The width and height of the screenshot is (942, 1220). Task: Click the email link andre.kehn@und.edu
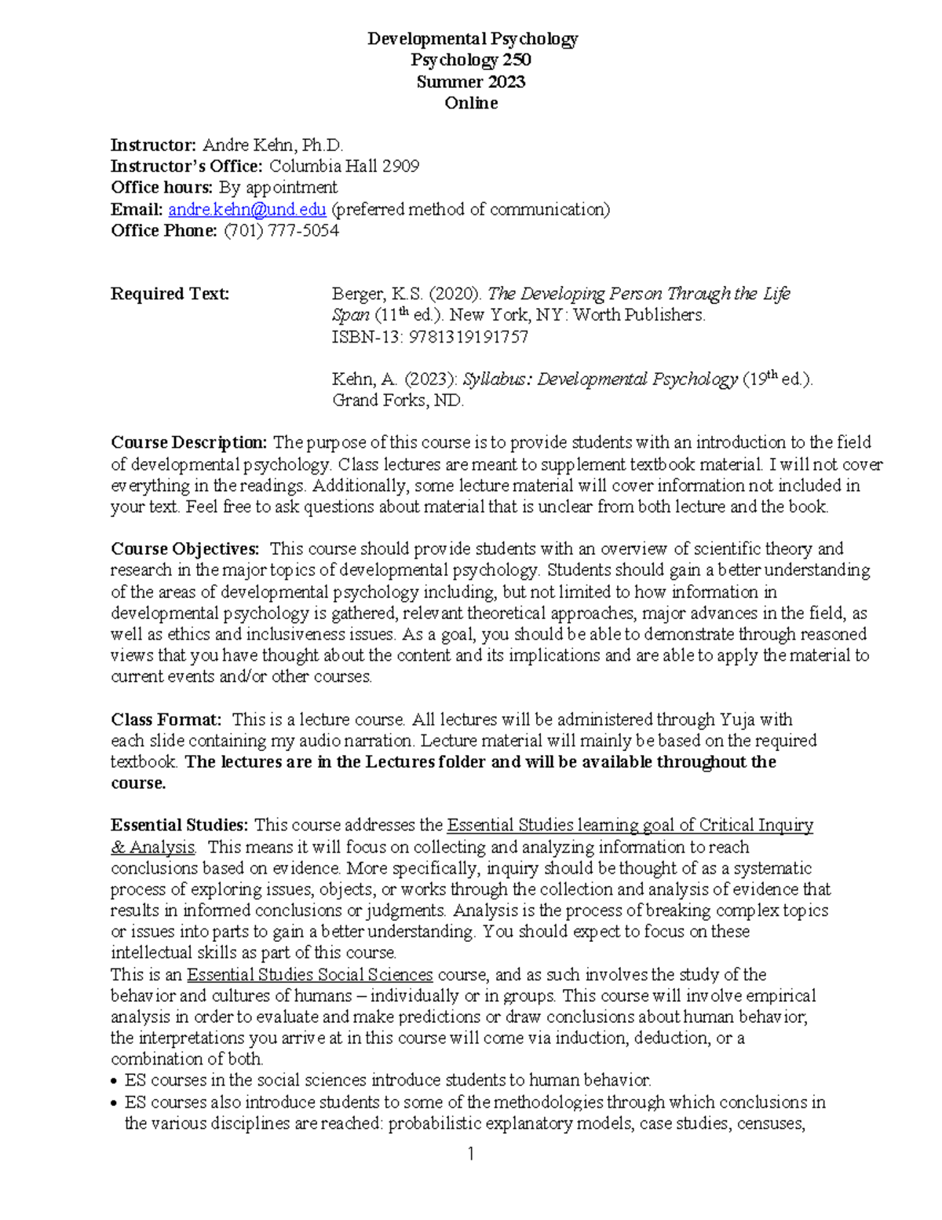point(247,209)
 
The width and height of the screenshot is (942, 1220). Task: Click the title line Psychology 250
point(471,60)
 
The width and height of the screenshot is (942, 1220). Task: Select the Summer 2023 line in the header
point(471,82)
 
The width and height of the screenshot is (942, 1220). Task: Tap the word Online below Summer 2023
point(471,103)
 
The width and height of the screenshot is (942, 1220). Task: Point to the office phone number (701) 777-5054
point(282,230)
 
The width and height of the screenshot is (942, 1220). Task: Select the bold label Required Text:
point(170,294)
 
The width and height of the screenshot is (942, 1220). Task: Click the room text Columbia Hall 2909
point(344,166)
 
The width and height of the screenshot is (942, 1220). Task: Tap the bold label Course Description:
point(189,442)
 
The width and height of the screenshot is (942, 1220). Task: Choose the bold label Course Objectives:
point(184,548)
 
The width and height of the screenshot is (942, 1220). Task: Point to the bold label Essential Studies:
point(180,826)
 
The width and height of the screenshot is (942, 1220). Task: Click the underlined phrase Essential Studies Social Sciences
point(310,975)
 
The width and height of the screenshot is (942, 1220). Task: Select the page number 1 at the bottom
point(471,1154)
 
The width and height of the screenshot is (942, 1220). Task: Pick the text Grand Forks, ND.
point(398,401)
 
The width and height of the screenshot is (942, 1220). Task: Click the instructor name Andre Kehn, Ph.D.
point(273,145)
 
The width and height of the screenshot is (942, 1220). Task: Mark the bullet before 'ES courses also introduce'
point(116,1103)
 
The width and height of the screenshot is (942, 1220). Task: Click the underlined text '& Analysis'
point(152,847)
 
